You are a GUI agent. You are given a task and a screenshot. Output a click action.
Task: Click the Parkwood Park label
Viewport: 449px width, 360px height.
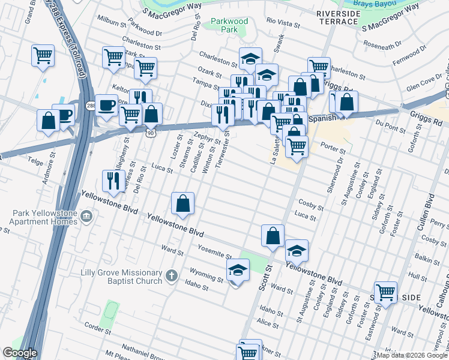point(229,25)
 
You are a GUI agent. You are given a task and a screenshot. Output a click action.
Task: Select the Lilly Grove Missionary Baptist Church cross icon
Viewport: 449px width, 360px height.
point(172,276)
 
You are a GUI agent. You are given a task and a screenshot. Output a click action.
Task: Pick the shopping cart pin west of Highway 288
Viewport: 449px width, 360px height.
point(43,57)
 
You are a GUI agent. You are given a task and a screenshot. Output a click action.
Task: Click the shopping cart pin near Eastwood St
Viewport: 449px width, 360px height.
point(385,293)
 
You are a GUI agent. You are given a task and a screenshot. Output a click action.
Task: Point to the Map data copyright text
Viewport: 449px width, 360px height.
point(411,355)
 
